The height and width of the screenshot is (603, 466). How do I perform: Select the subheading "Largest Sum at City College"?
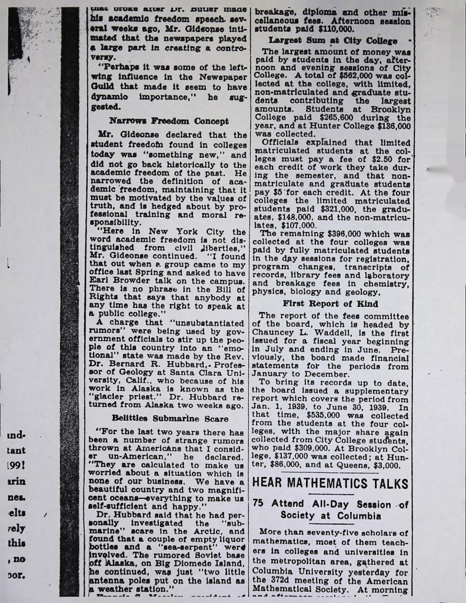click(x=329, y=41)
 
